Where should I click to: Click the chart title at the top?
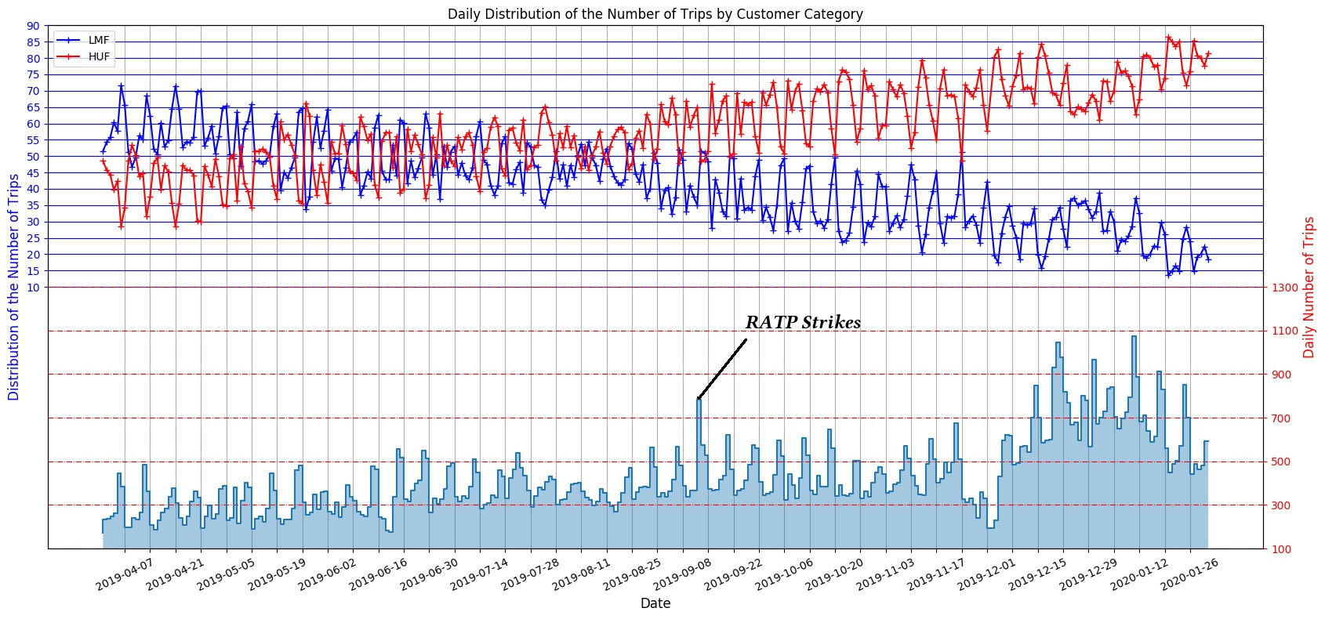tap(655, 13)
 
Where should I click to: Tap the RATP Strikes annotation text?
tap(803, 323)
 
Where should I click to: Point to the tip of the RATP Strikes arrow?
tap(698, 400)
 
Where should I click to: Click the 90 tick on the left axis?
tap(32, 26)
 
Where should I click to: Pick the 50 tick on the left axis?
tap(32, 157)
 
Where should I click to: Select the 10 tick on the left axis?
tap(32, 288)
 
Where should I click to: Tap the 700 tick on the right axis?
tap(1283, 418)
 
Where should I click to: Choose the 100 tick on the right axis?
tap(1283, 549)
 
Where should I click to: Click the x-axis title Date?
tap(655, 603)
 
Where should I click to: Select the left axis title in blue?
tap(13, 288)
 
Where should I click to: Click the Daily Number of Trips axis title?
tap(1309, 288)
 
